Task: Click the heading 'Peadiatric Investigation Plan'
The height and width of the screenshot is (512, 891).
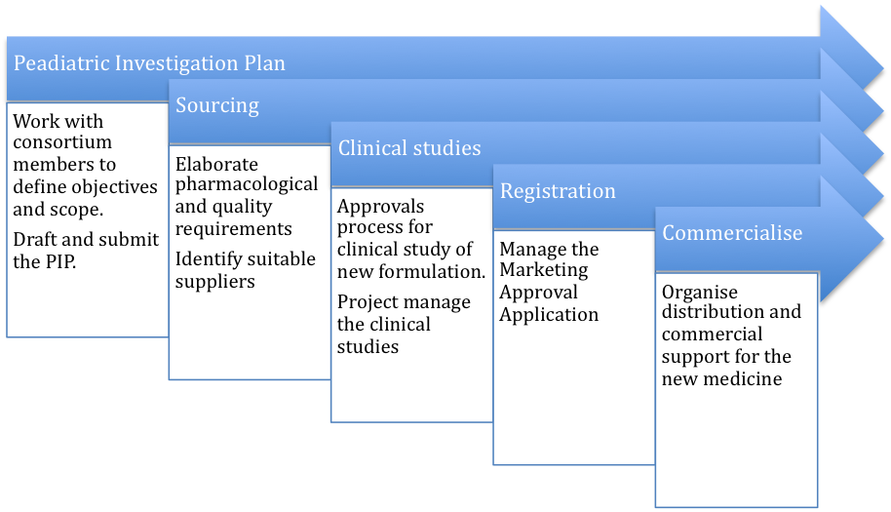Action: [149, 63]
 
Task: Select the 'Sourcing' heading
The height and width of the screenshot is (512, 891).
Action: [217, 105]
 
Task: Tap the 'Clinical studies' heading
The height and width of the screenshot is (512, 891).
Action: [409, 147]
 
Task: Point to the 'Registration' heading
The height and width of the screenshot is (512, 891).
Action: [558, 191]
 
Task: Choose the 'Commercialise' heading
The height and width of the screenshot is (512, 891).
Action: [732, 233]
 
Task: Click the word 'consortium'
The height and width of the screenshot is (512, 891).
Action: [62, 142]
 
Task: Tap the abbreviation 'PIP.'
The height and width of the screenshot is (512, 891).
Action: [59, 261]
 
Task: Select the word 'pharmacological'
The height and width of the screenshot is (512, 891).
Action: [247, 185]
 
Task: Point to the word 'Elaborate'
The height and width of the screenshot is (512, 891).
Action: [216, 164]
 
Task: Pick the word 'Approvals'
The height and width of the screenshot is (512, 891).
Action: [381, 208]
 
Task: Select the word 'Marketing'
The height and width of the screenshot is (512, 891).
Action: [544, 270]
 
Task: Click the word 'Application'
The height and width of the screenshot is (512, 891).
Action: [549, 315]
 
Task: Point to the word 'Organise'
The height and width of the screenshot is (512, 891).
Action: [700, 293]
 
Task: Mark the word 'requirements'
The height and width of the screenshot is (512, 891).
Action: [234, 229]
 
